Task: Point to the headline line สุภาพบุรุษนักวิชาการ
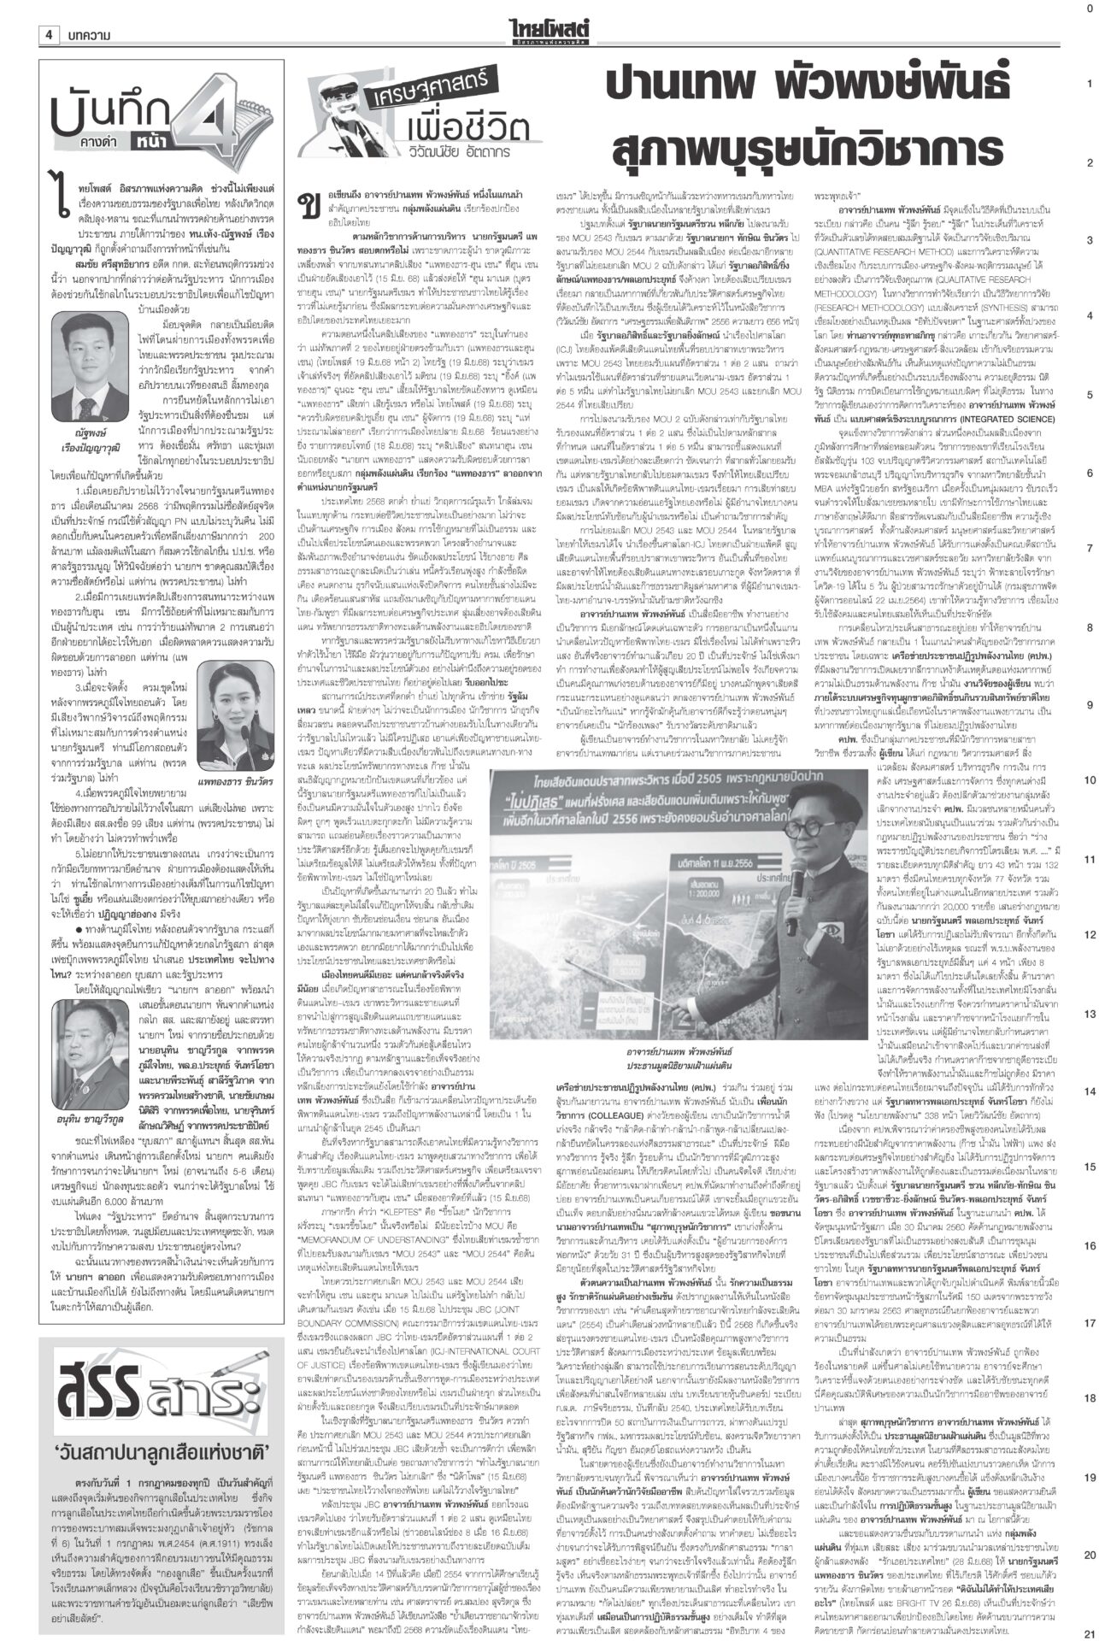coord(808,149)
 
